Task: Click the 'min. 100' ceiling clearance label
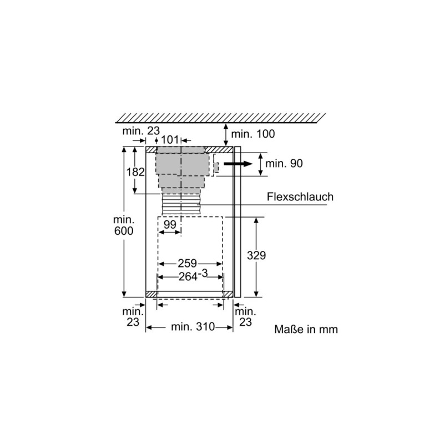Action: (x=253, y=134)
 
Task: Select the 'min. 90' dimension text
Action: (x=284, y=163)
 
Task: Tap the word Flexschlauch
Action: (x=300, y=197)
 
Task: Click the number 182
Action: (x=135, y=172)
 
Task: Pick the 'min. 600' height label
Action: (x=123, y=225)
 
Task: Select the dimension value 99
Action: (x=170, y=224)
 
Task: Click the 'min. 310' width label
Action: (x=193, y=328)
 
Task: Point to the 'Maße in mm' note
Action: (x=306, y=329)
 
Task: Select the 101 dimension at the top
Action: (x=169, y=140)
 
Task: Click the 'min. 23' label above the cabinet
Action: (x=141, y=131)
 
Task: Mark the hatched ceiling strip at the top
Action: (x=219, y=117)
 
